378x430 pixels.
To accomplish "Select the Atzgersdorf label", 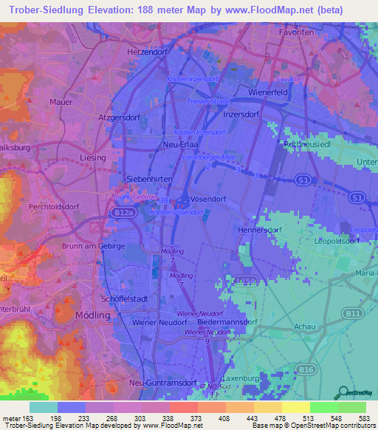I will [x=120, y=117].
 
